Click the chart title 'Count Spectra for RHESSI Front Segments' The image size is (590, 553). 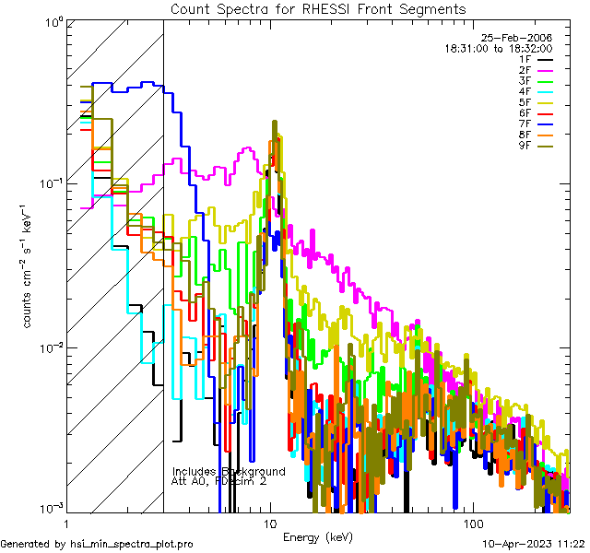(318, 8)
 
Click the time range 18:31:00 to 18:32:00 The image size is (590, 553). (499, 48)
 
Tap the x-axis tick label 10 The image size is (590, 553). (270, 522)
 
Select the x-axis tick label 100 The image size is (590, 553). (471, 522)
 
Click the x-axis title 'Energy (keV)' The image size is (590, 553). (317, 536)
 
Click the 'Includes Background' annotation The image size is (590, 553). (228, 472)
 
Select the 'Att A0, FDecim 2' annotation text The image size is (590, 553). (219, 482)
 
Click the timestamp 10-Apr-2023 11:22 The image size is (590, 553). (536, 545)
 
